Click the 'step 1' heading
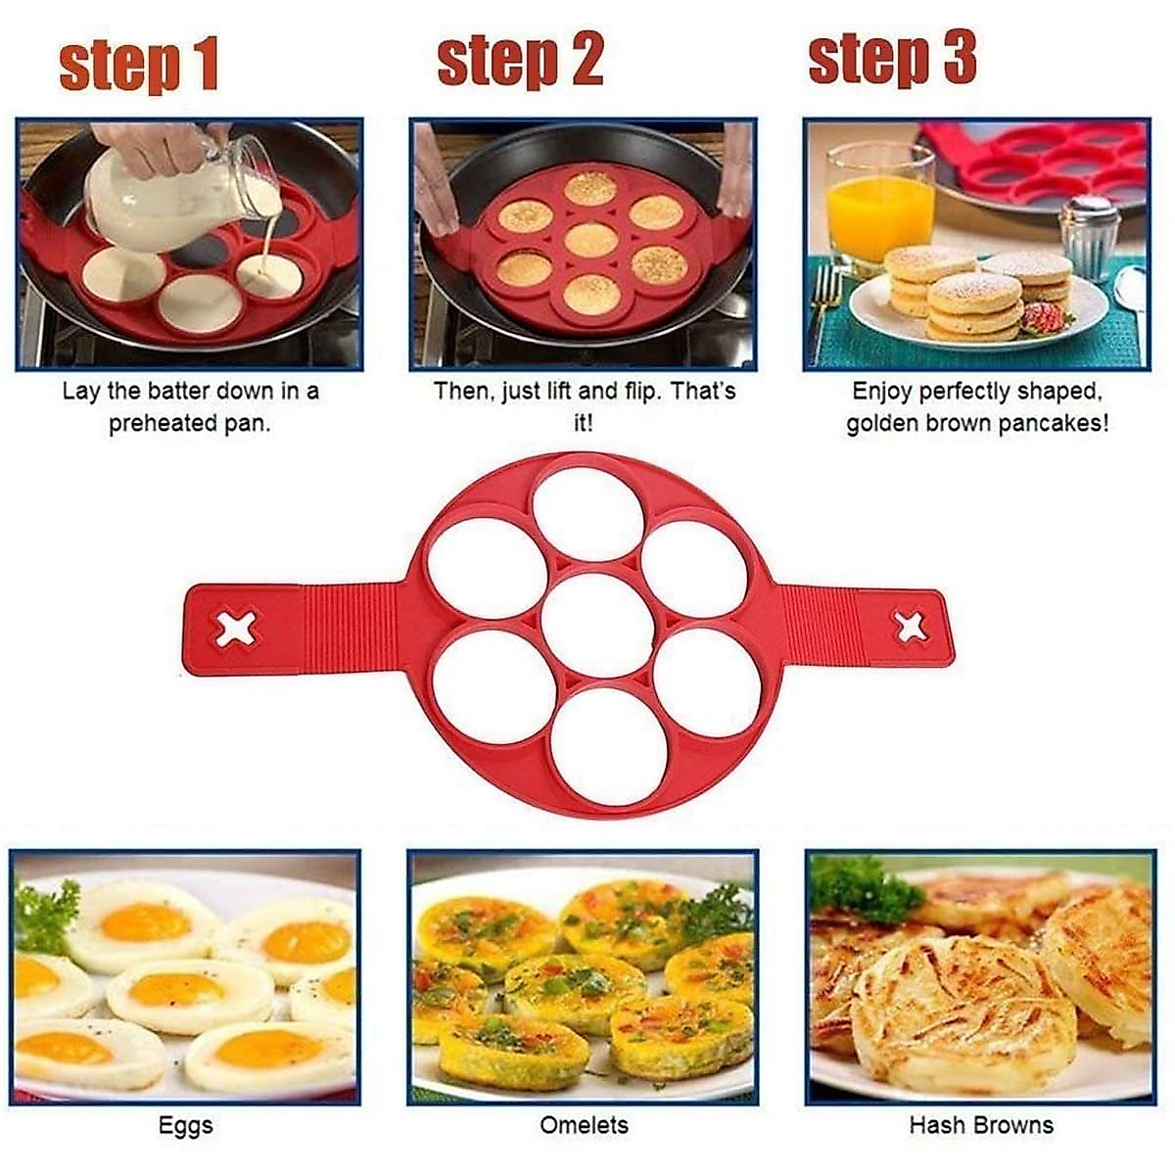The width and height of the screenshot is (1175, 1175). coord(138,65)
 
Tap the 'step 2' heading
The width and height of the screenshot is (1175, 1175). coord(520,60)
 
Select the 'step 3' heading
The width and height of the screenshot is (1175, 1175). coord(892,58)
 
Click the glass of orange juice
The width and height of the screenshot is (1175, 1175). coord(879,201)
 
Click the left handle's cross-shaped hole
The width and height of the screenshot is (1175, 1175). coord(237,628)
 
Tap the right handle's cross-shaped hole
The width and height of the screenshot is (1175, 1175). coord(912,628)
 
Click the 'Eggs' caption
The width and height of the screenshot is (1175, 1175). coord(185,1126)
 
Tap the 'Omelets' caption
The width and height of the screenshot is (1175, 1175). coord(584,1126)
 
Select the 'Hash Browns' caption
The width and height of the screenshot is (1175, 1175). coord(981,1126)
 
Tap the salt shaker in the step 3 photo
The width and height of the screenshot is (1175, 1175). coord(1090,236)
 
